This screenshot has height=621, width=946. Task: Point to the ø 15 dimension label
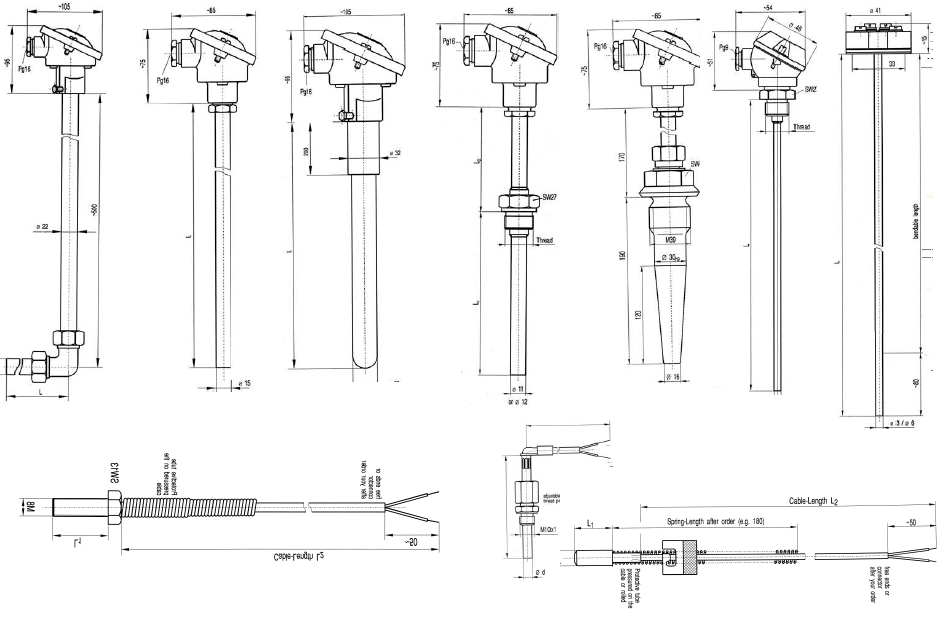pos(241,383)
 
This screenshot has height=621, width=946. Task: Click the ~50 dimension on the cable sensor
pos(910,521)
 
